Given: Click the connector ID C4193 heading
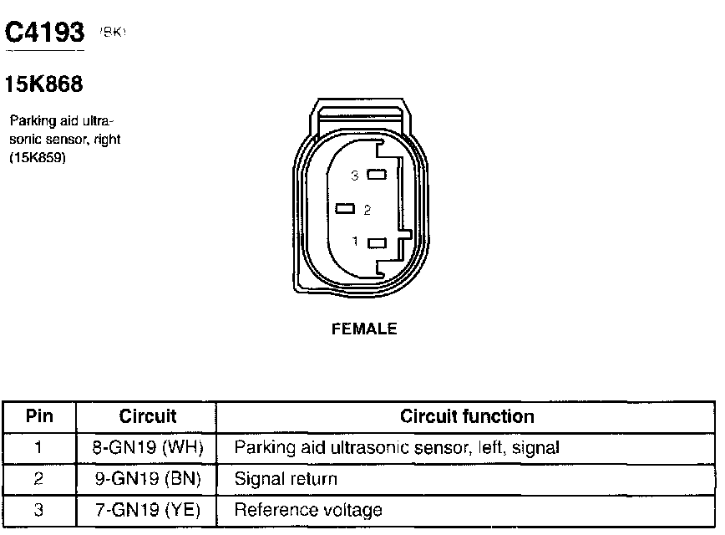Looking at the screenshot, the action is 45,33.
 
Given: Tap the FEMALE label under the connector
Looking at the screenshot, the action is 364,329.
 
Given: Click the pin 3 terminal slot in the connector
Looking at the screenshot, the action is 377,176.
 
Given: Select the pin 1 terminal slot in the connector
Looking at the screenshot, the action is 377,243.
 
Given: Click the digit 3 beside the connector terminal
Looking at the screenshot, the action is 355,176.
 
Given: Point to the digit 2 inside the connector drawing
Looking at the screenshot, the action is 367,210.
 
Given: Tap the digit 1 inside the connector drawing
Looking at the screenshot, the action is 355,242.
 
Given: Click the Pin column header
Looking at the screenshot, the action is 39,416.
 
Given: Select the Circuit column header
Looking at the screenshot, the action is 148,416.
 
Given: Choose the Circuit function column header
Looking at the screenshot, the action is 467,416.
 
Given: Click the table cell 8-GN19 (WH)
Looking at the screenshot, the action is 148,448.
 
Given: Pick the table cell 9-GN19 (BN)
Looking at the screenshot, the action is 148,479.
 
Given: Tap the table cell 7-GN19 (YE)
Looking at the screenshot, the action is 148,510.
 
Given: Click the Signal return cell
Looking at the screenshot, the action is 286,479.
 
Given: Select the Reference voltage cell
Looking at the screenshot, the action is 308,510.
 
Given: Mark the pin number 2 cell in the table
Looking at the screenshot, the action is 39,479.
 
